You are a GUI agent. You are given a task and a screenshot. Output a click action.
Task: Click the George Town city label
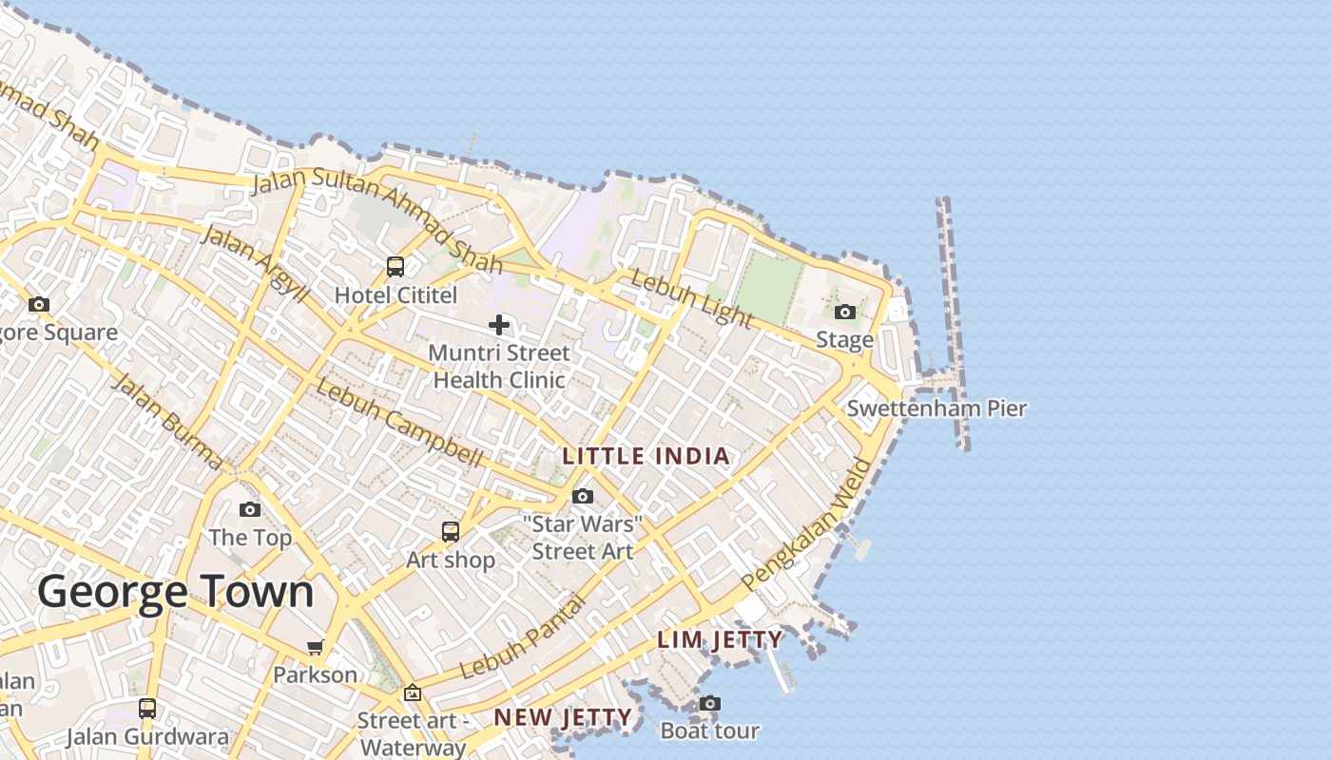tap(176, 592)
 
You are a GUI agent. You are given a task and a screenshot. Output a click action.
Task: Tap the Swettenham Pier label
tap(936, 409)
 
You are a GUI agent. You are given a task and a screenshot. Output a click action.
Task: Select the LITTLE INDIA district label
tap(646, 456)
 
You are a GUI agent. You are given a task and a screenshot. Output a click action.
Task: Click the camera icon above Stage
tap(844, 312)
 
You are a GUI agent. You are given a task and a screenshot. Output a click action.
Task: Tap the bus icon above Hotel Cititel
tap(395, 267)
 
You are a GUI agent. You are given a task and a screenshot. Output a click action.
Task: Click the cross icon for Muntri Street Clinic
tap(498, 326)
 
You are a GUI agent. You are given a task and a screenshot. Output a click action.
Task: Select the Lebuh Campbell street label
tap(399, 423)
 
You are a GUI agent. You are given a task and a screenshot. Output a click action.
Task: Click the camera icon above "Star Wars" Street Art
tap(583, 496)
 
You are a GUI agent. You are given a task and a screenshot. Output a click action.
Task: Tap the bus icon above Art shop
tap(451, 532)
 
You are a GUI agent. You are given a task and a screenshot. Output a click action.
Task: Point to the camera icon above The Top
tap(250, 509)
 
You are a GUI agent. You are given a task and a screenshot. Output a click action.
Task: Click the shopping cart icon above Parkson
tap(315, 648)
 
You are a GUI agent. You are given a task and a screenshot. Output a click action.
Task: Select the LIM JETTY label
tap(720, 640)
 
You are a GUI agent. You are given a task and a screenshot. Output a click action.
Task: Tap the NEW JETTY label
tap(563, 717)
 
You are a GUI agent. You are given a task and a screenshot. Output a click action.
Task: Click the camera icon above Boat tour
tap(709, 703)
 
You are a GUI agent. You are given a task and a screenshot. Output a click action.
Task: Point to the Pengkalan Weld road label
tap(807, 524)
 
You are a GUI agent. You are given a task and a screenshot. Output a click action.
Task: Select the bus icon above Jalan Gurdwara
tap(147, 708)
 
